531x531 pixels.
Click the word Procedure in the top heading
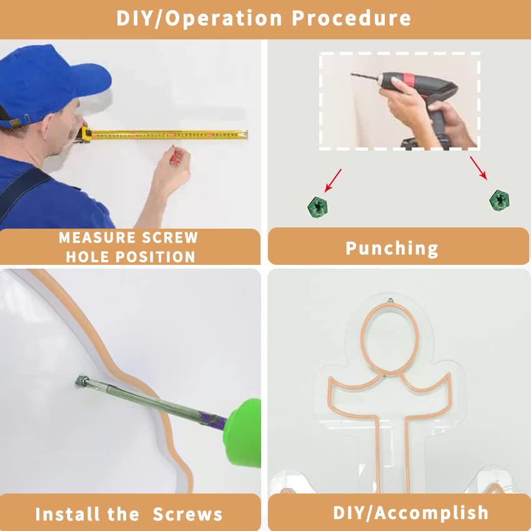351,18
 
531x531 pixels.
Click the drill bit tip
352,74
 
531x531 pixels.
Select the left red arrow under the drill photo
333,181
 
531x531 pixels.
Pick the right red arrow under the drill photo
478,168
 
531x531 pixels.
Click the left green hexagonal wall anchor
317,207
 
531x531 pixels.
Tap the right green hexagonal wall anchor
500,200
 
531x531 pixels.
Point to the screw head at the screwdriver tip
81,380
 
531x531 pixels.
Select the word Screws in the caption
187,514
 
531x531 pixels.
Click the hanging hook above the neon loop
390,300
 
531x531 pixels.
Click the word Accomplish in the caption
431,513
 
